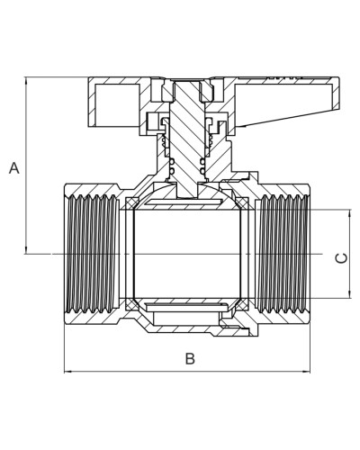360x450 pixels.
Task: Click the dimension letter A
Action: (14, 168)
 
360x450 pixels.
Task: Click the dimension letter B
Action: (190, 358)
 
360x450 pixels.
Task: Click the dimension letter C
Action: (341, 258)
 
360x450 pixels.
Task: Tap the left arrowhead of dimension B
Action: (67, 372)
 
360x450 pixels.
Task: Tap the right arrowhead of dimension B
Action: (307, 372)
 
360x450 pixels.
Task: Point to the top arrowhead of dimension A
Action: (26, 80)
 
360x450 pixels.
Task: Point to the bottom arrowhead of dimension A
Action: (26, 250)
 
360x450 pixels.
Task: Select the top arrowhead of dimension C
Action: (350, 212)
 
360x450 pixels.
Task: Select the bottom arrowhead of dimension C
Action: (350, 295)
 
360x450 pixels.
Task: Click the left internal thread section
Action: (92, 254)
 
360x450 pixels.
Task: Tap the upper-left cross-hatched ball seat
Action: (131, 203)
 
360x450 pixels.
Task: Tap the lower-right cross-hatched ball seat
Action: (242, 305)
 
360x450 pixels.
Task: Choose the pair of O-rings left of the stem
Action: (172, 167)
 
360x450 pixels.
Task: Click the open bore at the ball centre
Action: (186, 254)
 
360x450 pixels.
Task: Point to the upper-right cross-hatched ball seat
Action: (242, 203)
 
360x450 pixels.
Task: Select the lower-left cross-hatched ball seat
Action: (131, 305)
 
